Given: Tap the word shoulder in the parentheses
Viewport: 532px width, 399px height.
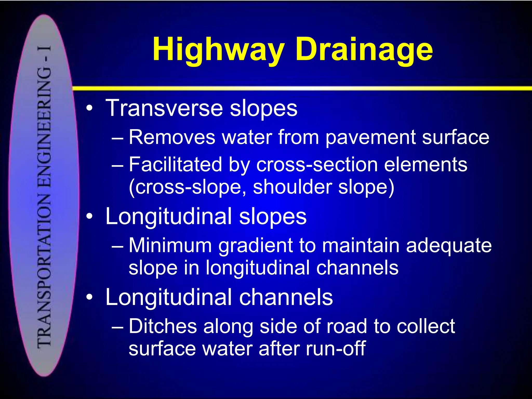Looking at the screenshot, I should coord(292,187).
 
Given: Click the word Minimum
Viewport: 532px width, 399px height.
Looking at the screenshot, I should coord(170,245).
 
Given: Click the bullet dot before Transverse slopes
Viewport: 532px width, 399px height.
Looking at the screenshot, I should coord(89,109).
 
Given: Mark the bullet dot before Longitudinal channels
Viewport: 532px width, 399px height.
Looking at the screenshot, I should coord(89,298).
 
